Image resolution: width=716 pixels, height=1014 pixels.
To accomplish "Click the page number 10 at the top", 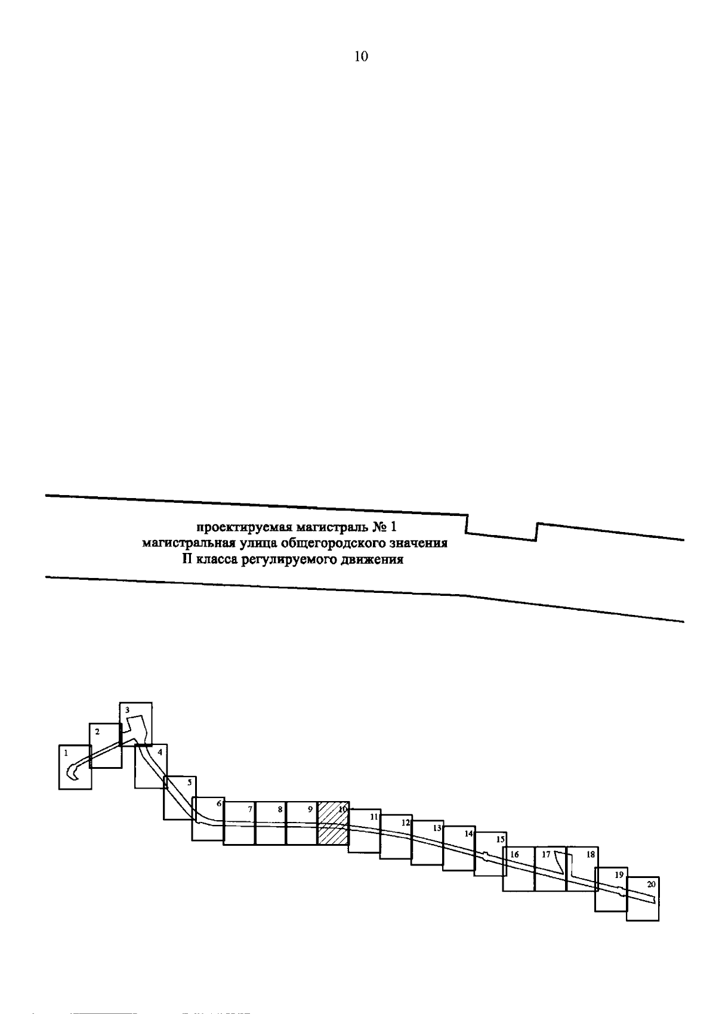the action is click(361, 57).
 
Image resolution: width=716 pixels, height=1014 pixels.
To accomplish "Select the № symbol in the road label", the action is click(379, 527).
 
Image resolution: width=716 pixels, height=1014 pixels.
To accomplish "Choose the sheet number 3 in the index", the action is click(127, 710).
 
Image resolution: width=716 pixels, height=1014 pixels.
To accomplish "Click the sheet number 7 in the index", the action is click(250, 809).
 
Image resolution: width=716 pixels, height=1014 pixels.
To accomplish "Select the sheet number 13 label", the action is click(437, 828).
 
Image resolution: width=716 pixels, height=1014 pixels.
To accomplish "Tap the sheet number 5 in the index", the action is click(189, 782).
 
